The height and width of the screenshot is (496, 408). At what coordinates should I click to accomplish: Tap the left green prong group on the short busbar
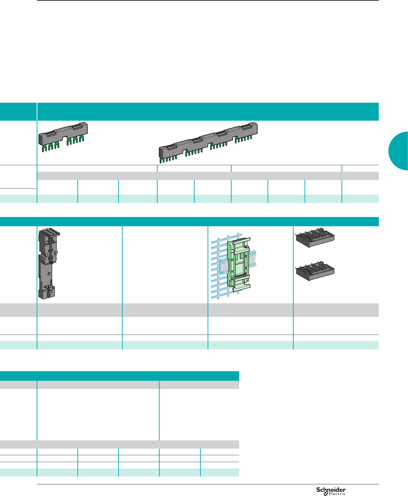click(x=50, y=146)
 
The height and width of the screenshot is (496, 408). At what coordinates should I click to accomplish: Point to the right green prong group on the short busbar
click(x=76, y=141)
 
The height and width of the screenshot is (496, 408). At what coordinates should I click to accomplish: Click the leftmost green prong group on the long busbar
click(x=168, y=158)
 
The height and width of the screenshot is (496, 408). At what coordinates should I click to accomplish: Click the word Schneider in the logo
click(x=331, y=489)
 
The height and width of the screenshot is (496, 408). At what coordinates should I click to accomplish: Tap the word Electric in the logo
click(x=337, y=494)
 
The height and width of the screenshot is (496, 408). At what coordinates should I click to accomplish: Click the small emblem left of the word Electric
click(x=326, y=494)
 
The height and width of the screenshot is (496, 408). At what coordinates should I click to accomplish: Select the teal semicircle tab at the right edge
click(x=399, y=151)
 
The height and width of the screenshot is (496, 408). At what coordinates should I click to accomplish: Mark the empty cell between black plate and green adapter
click(x=165, y=264)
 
